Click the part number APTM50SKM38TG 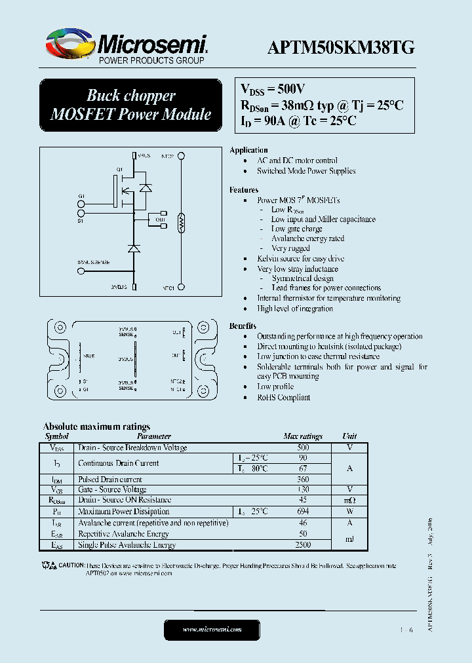[341, 47]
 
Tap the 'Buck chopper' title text [131, 96]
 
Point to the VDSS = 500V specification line [273, 89]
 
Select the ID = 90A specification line [298, 121]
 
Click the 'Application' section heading [248, 150]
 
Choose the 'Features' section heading [244, 190]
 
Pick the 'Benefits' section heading [243, 326]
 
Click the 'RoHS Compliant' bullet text [283, 397]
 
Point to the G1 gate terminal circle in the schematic [82, 204]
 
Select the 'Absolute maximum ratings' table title [96, 426]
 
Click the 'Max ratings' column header [303, 436]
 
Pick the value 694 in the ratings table [303, 512]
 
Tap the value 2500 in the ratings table [303, 545]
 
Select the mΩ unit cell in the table [349, 501]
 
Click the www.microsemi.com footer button [212, 629]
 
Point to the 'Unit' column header [349, 436]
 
